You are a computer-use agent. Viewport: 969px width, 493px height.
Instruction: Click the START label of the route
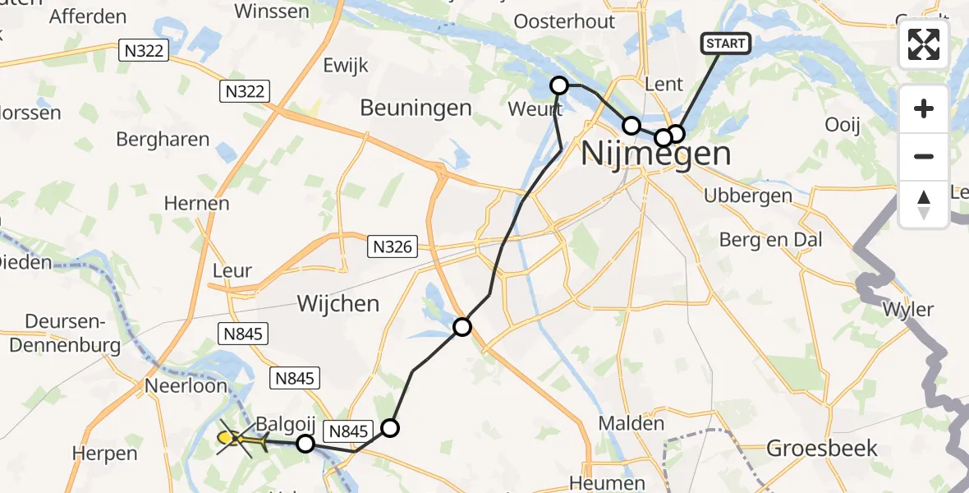(725, 44)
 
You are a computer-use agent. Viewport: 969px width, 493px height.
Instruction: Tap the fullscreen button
(924, 44)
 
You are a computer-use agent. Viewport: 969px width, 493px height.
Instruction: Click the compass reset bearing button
(924, 205)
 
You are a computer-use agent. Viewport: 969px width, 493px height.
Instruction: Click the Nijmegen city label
(656, 154)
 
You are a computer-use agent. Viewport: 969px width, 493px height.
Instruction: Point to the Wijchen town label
(338, 303)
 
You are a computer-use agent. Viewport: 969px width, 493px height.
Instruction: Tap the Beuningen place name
(416, 108)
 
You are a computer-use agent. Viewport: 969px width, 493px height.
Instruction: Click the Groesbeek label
(821, 448)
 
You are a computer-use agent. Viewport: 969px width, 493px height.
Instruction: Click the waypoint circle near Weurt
(559, 85)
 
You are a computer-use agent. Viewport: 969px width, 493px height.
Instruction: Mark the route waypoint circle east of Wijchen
(462, 328)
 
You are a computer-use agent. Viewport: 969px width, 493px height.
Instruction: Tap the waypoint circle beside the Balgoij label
(305, 444)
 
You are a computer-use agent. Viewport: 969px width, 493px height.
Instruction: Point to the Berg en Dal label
(770, 240)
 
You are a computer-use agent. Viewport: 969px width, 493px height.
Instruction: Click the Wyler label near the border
(907, 310)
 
